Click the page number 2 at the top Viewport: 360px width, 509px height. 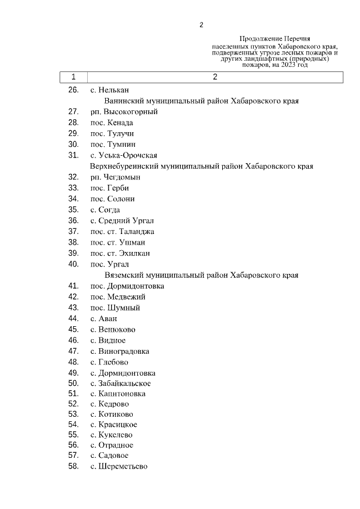(x=201, y=25)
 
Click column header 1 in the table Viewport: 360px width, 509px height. (x=73, y=77)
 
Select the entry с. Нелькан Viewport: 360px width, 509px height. (x=110, y=90)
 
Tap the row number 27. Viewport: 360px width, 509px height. (x=73, y=112)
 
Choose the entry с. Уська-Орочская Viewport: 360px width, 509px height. (x=123, y=156)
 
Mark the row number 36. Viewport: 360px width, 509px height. (x=73, y=220)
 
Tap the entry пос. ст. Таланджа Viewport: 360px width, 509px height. (x=122, y=232)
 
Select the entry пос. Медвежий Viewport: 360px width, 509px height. (x=118, y=296)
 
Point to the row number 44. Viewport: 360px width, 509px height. (x=73, y=318)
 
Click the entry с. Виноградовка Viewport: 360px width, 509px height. (x=119, y=351)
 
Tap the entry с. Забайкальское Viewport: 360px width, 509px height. (x=120, y=384)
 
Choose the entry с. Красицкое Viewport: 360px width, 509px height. (x=113, y=425)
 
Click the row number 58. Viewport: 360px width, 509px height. (x=73, y=466)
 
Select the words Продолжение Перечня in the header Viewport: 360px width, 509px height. (x=274, y=39)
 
